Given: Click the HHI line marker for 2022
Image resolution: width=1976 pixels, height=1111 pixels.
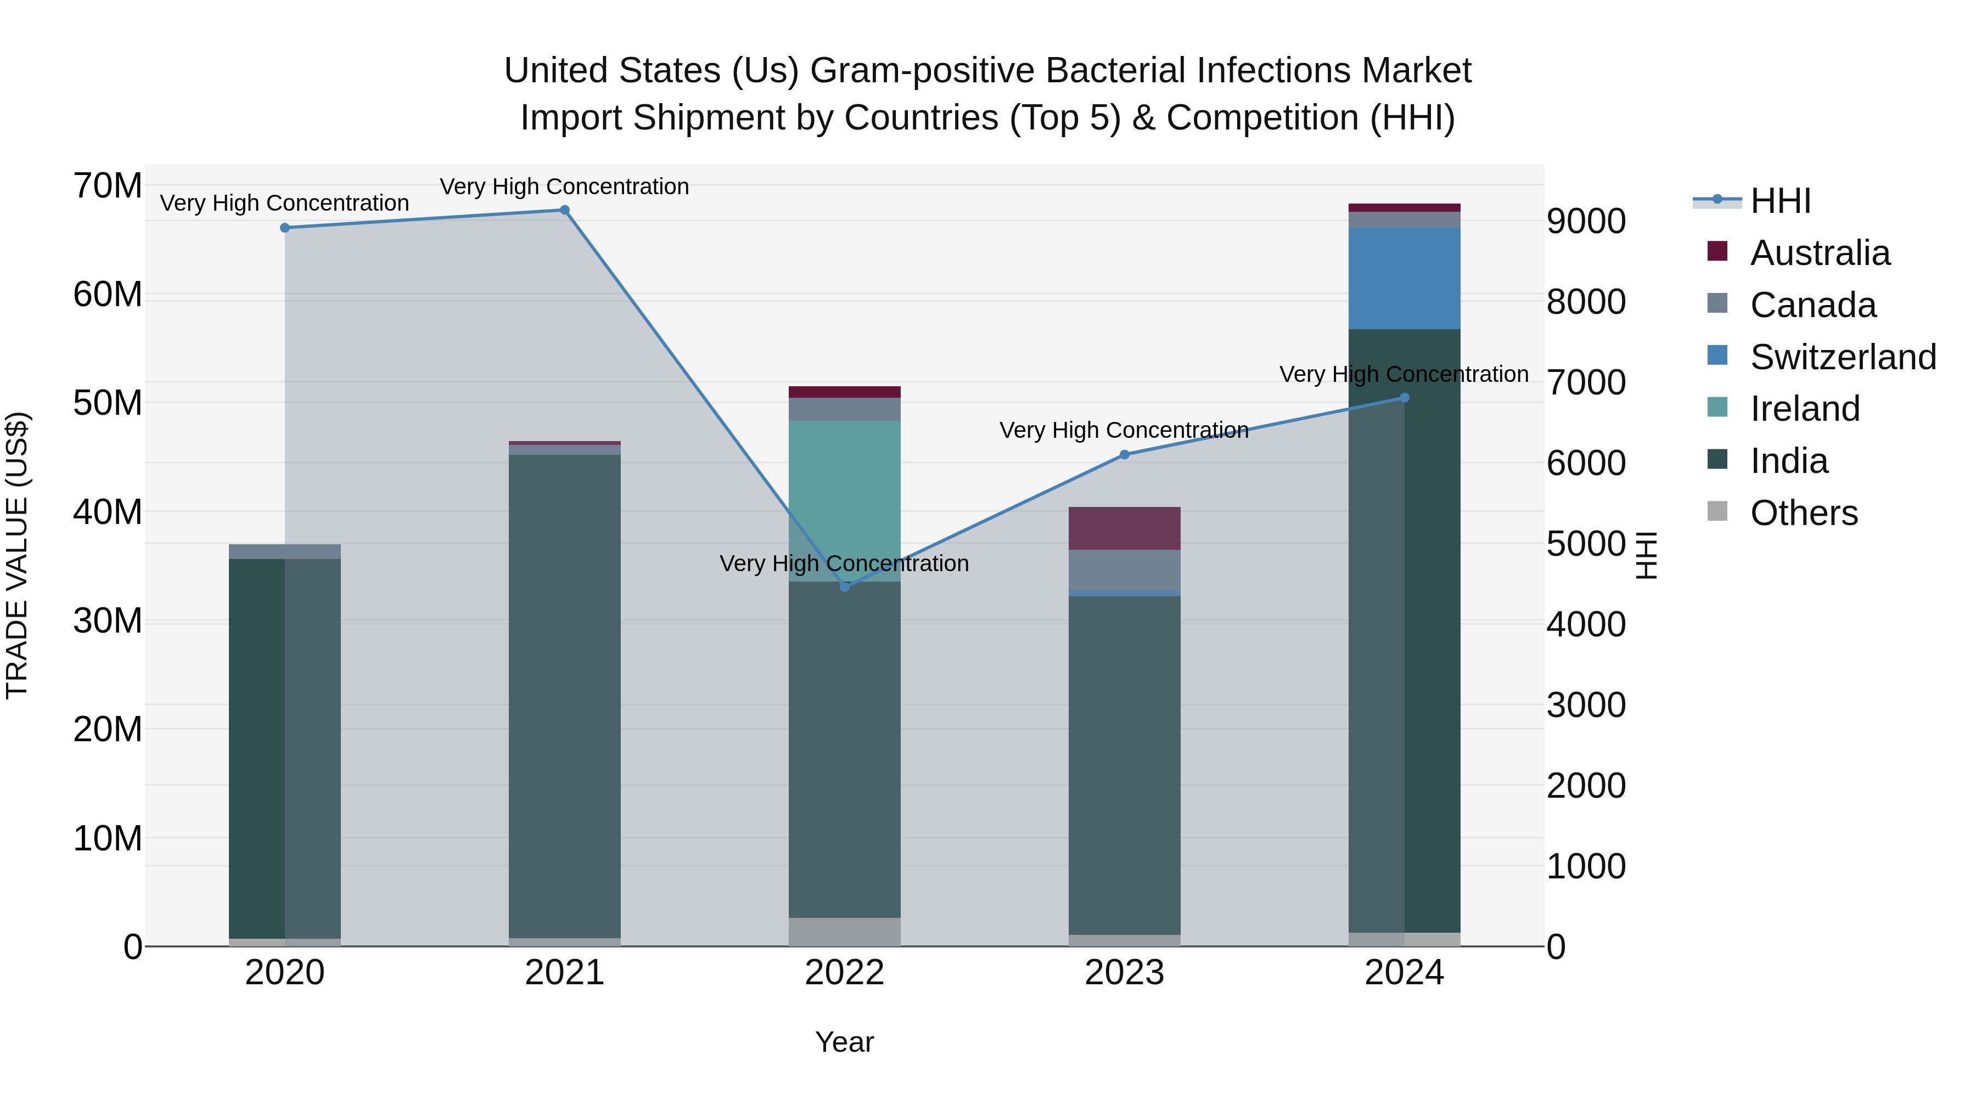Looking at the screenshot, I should [x=845, y=586].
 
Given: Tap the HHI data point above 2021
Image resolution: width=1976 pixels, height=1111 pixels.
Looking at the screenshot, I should [x=565, y=210].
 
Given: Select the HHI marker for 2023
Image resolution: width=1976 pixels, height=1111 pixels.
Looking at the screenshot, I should [x=1125, y=455].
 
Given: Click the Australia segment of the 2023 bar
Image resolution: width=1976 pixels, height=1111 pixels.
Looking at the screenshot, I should [x=1125, y=528].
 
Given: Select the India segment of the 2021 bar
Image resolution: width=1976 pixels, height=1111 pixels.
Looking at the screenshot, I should [x=565, y=690].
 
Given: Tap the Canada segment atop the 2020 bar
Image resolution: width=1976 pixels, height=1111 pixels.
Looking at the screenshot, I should [x=284, y=551].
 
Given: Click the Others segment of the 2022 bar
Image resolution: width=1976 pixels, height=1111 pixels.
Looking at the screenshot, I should [x=845, y=931].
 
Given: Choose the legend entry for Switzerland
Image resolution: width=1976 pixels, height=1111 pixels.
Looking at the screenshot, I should [x=1843, y=357].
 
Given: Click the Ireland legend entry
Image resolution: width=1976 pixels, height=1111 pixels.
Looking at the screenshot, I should [x=1804, y=409].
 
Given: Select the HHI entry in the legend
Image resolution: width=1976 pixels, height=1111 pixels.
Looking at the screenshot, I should [x=1779, y=201].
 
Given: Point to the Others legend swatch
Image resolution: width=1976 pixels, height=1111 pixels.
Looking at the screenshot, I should [x=1717, y=511].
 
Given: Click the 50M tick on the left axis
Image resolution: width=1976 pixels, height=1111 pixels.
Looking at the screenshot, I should [x=108, y=403].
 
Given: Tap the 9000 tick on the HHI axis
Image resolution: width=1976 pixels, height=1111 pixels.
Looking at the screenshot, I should [x=1586, y=222].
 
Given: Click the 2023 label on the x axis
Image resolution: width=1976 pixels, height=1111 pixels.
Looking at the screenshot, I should [x=1125, y=973].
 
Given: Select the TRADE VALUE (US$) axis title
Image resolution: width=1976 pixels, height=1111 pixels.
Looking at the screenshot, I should [x=17, y=555].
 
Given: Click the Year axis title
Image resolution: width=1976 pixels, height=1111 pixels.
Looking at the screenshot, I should [x=845, y=1042].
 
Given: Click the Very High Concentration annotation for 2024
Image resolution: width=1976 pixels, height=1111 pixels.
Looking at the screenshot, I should [x=1404, y=374].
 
